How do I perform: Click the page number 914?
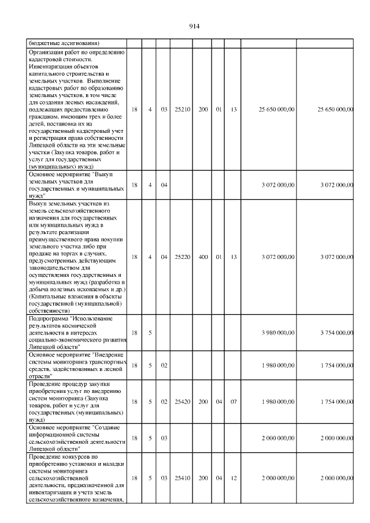pyautogui.click(x=194, y=26)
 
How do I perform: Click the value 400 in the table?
pyautogui.click(x=203, y=257)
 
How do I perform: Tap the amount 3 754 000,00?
pyautogui.click(x=336, y=332)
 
